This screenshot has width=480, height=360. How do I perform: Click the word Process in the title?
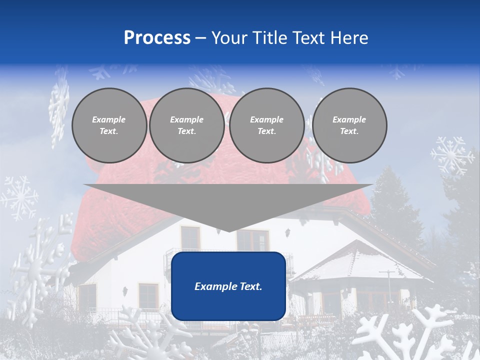(157, 38)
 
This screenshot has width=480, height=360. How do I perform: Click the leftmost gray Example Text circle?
(109, 125)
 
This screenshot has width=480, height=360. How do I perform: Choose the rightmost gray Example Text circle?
(349, 125)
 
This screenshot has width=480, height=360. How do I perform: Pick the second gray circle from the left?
(186, 125)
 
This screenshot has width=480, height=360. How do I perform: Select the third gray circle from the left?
(266, 125)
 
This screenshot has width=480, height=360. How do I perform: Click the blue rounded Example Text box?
(228, 286)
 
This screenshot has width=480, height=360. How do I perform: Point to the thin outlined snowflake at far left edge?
(18, 198)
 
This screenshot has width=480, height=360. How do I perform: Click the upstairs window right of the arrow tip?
(252, 240)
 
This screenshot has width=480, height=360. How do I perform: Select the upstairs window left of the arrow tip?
(190, 238)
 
